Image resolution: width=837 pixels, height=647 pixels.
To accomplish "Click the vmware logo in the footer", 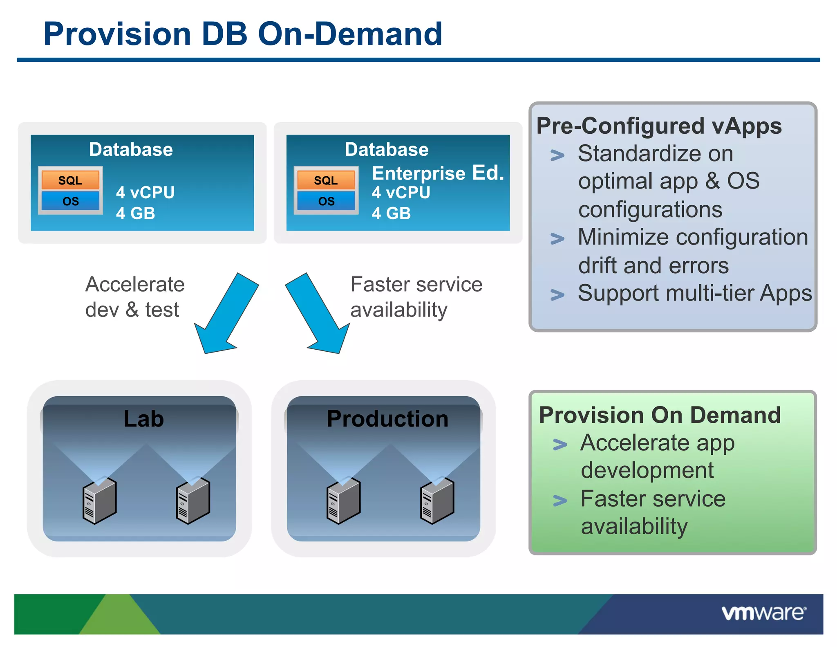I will point(763,613).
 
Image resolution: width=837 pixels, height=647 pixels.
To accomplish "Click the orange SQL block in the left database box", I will point(70,180).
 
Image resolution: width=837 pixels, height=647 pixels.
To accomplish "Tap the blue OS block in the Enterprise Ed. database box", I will point(326,201).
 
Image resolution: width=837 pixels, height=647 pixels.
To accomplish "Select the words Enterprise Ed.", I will point(438,173).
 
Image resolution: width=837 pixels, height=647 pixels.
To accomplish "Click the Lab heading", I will point(143,419).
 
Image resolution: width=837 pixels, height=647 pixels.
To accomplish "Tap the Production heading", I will point(387,419).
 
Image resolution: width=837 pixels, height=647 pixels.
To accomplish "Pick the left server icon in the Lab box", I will point(100,501).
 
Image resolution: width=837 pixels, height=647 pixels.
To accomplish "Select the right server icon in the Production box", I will point(437,501).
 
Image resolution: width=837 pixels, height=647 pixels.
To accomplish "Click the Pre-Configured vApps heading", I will point(659,126).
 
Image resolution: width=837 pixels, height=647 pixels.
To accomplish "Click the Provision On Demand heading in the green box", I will point(660,415).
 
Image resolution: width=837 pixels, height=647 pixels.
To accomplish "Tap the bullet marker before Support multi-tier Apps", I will point(557,294).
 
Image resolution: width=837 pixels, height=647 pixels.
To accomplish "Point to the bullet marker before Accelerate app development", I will point(559,445).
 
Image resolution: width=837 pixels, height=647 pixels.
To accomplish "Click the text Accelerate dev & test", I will point(134,297).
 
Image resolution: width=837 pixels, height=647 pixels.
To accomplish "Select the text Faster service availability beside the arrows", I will point(416,297).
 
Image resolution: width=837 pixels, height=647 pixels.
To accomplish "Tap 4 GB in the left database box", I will point(135,213).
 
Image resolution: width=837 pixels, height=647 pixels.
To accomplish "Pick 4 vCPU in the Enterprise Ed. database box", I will point(401,193).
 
